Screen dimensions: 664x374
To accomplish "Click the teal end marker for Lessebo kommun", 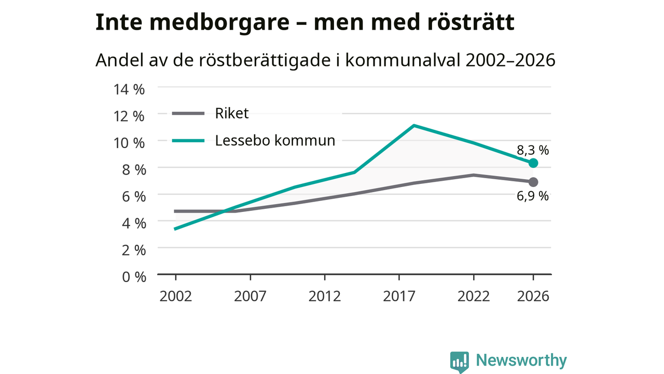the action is (x=533, y=163).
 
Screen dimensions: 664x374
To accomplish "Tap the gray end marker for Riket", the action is (x=533, y=182).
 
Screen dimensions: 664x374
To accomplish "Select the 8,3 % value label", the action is (x=533, y=151).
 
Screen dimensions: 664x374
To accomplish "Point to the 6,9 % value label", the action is (x=533, y=196).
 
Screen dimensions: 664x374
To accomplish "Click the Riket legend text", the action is (x=232, y=113).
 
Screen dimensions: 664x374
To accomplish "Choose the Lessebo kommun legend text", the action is (x=275, y=140).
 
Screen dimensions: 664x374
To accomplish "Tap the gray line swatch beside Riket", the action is (x=188, y=113).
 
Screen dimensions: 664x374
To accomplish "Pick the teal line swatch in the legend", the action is (x=188, y=141).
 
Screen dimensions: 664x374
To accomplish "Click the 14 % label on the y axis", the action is (x=129, y=89).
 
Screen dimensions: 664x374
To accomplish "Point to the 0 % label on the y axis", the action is (x=134, y=277).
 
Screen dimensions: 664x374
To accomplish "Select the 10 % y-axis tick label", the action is (x=129, y=143).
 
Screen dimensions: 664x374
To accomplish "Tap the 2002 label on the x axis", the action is (x=176, y=296).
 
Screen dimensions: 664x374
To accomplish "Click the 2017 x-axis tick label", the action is (x=399, y=296).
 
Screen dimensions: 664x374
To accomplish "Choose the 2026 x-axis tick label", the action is (x=533, y=296).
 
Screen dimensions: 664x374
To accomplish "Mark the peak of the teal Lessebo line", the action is (x=414, y=125).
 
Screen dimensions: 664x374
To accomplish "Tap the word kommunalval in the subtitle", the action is (x=403, y=60).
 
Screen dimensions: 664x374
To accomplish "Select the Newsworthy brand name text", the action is (x=521, y=360).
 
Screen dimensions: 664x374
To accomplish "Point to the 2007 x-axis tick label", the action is (x=250, y=296).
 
